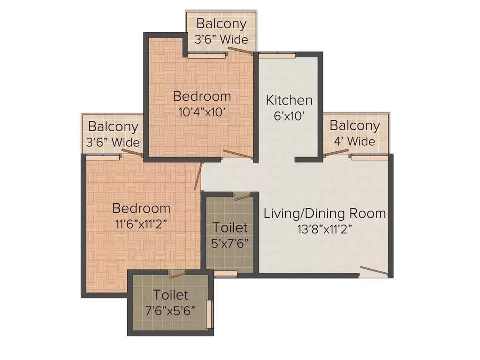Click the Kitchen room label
(x=289, y=100)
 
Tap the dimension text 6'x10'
(x=289, y=115)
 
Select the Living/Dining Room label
(x=325, y=214)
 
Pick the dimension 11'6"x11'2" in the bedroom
(x=140, y=224)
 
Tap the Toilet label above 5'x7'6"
(x=230, y=228)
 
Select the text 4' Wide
(x=355, y=141)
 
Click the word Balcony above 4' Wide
(x=355, y=126)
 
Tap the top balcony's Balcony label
(x=221, y=23)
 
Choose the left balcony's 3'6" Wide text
(x=114, y=142)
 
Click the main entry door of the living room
(x=374, y=271)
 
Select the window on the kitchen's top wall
(x=278, y=55)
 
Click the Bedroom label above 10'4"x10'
(x=202, y=97)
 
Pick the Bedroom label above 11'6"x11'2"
(x=141, y=208)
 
